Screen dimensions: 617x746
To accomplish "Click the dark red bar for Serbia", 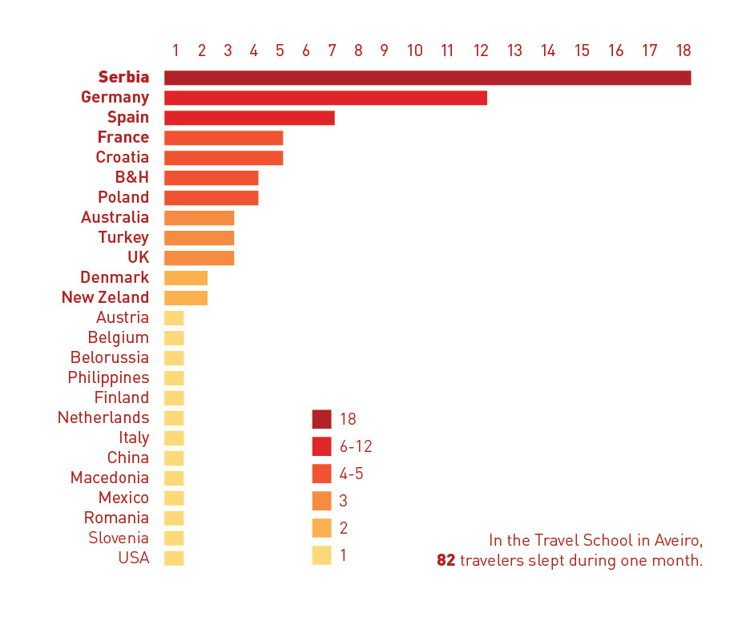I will click(427, 78).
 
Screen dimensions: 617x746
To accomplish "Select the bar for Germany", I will click(325, 98).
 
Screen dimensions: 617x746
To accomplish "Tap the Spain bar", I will click(249, 118).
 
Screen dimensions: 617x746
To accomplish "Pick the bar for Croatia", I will click(224, 158).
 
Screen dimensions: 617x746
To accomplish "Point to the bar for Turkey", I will click(199, 238).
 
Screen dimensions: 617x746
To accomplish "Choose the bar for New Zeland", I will click(186, 298).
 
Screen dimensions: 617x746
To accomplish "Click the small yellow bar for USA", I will click(174, 559).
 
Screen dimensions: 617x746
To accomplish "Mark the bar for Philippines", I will click(174, 378).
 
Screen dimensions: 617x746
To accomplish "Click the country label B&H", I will click(132, 177).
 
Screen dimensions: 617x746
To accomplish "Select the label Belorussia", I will click(110, 357).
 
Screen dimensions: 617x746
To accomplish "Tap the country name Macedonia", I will click(110, 478).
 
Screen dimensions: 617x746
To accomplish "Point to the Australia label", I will click(115, 217).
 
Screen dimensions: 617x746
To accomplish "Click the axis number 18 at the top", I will click(683, 50).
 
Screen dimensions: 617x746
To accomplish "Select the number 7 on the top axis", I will click(332, 50).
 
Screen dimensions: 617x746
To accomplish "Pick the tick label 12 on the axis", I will click(481, 50).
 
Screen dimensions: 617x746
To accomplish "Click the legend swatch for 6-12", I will click(321, 446).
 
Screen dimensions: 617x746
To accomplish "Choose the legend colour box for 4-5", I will click(321, 474).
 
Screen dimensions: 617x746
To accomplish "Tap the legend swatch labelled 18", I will click(321, 419).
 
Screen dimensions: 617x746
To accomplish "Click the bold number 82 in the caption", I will click(446, 560).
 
